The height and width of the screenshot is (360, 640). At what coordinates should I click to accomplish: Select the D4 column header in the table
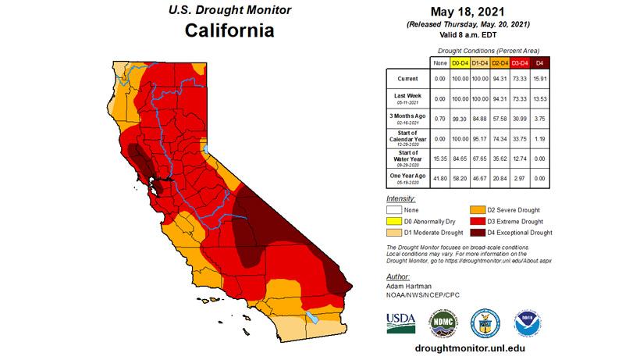(541, 62)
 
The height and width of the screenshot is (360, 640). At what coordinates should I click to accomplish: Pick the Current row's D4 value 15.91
(541, 79)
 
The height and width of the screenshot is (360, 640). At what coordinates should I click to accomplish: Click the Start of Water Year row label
(407, 158)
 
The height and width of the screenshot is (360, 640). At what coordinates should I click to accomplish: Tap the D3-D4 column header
(519, 62)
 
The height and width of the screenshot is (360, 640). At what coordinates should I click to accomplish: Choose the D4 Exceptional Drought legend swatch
(476, 233)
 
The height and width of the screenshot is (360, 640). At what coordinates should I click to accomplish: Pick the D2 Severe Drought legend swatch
(476, 210)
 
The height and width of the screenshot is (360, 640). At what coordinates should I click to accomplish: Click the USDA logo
(400, 322)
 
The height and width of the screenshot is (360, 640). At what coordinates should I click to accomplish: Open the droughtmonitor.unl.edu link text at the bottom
(468, 350)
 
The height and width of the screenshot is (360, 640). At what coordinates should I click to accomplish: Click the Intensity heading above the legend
(402, 199)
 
